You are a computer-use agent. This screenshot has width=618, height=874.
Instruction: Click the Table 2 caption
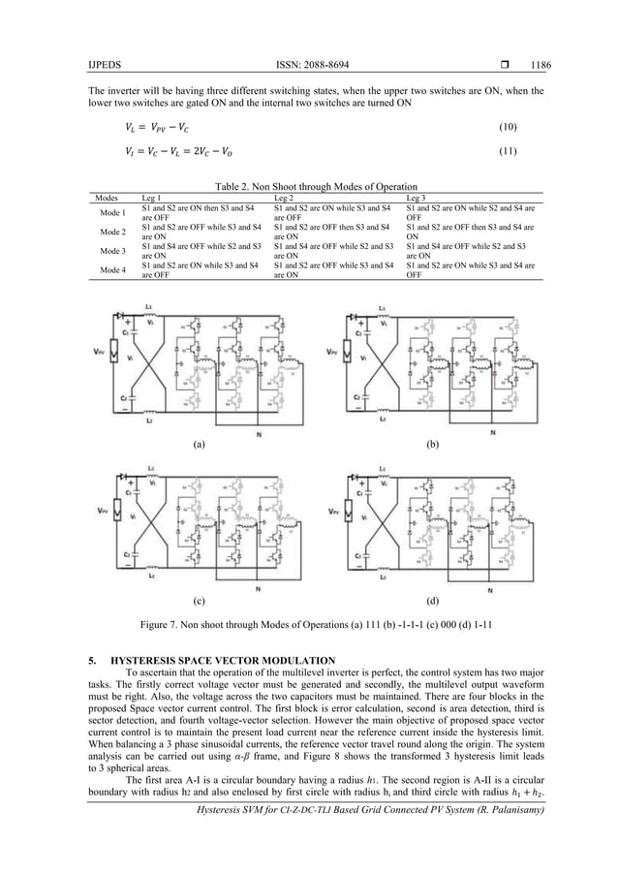[308, 185]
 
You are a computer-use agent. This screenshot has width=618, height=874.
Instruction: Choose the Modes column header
[113, 197]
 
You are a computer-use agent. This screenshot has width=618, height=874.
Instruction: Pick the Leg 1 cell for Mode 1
[198, 212]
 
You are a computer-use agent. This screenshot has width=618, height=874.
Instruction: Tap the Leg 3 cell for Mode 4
[471, 268]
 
